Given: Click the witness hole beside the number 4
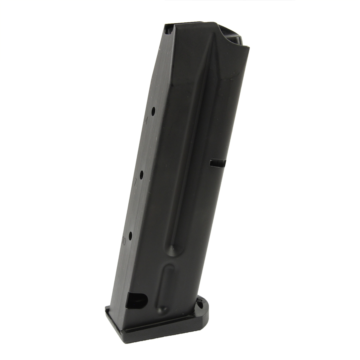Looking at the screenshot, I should [x=153, y=112].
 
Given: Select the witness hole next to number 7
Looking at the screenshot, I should [x=142, y=174].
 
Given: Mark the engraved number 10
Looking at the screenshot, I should [x=124, y=241].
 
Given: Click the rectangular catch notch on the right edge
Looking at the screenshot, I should [x=217, y=163].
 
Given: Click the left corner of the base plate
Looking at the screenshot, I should [x=106, y=309].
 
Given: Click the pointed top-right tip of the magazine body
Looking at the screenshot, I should [x=248, y=48].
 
